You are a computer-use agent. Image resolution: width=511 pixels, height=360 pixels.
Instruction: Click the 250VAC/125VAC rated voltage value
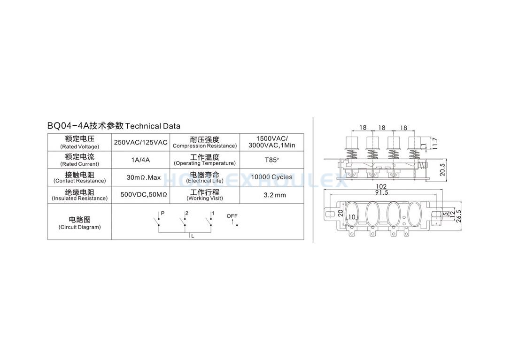(x=140, y=142)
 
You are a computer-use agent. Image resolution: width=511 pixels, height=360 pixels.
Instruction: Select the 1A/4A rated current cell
(x=140, y=160)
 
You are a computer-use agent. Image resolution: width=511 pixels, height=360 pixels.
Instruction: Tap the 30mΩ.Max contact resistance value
(x=143, y=177)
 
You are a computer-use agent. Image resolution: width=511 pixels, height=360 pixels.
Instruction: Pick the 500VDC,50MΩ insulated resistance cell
(x=143, y=195)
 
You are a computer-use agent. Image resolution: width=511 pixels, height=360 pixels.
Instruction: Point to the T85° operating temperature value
(x=272, y=160)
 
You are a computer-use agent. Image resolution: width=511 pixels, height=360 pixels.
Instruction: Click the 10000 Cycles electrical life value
(x=271, y=177)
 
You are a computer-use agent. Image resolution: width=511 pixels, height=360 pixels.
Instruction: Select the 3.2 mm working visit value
(x=275, y=195)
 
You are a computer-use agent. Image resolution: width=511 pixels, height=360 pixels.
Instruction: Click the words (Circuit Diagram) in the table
(x=79, y=227)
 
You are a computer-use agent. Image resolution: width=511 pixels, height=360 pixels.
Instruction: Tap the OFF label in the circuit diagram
(x=232, y=216)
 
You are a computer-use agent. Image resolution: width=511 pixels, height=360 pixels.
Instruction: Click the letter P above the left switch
(x=163, y=213)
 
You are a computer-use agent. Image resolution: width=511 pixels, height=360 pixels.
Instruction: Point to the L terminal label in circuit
(x=193, y=236)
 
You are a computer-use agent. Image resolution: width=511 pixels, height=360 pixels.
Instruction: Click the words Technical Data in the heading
(x=153, y=126)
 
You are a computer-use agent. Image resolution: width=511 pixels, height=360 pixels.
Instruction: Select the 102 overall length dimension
(x=381, y=186)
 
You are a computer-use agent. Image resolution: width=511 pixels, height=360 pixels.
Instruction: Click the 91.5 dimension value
(x=382, y=192)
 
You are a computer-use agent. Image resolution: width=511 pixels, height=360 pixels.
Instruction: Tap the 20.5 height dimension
(x=442, y=169)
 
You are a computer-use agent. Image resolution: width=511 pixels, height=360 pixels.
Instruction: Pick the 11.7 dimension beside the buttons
(x=435, y=144)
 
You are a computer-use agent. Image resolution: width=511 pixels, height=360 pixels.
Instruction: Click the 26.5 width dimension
(x=459, y=216)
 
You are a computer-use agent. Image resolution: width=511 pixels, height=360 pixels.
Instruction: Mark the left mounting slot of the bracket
(x=330, y=214)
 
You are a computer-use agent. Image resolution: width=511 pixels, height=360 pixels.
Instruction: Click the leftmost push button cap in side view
(x=351, y=143)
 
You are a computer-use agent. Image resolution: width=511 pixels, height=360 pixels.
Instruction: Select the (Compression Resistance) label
(x=205, y=146)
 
